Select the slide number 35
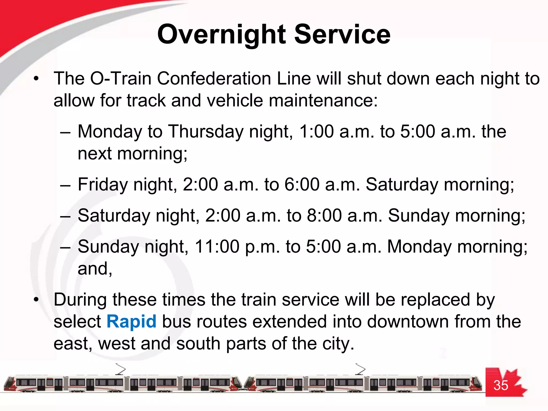501,385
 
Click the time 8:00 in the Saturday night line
324,215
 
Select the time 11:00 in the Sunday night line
217,246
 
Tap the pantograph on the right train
360,369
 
